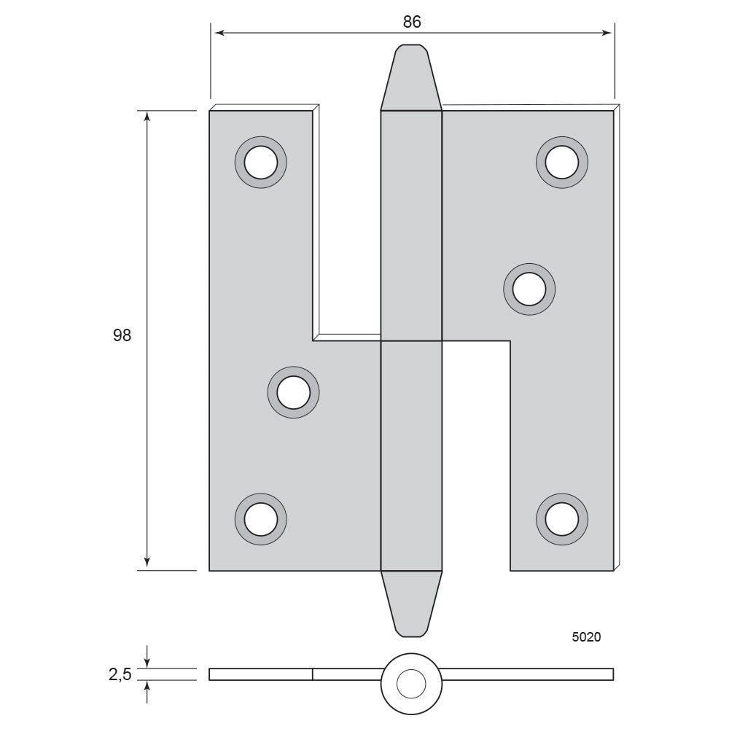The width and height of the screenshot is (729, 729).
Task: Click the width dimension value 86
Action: coord(412,22)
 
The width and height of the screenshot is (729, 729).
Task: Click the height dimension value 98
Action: coord(122,335)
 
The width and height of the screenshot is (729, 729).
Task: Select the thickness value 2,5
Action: coord(120,674)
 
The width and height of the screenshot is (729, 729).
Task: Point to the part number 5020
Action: coord(586,637)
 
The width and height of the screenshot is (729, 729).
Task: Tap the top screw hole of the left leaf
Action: coord(261,163)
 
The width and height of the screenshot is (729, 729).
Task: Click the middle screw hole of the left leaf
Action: coord(293,392)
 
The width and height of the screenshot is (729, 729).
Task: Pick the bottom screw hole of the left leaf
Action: coord(261,519)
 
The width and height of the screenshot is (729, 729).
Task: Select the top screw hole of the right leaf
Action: coord(562,163)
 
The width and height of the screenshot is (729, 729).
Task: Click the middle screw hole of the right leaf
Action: coord(529,289)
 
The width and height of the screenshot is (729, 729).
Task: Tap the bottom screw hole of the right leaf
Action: coord(562,519)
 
